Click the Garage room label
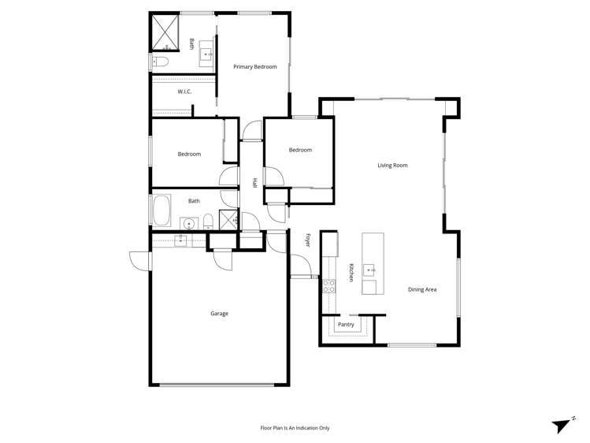point(219,314)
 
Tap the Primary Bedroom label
point(255,67)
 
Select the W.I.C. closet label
point(184,92)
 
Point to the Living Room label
point(392,166)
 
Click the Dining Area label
point(422,290)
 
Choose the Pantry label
point(346,325)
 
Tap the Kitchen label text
point(351,273)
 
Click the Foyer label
point(308,240)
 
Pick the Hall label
point(254,183)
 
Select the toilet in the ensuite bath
point(160,61)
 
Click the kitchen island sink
point(369,270)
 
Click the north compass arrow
point(562,426)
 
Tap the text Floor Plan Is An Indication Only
point(295,428)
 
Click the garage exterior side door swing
point(140,261)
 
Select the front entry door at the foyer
point(301,268)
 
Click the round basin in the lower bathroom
point(189,224)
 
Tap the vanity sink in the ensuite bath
point(207,54)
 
